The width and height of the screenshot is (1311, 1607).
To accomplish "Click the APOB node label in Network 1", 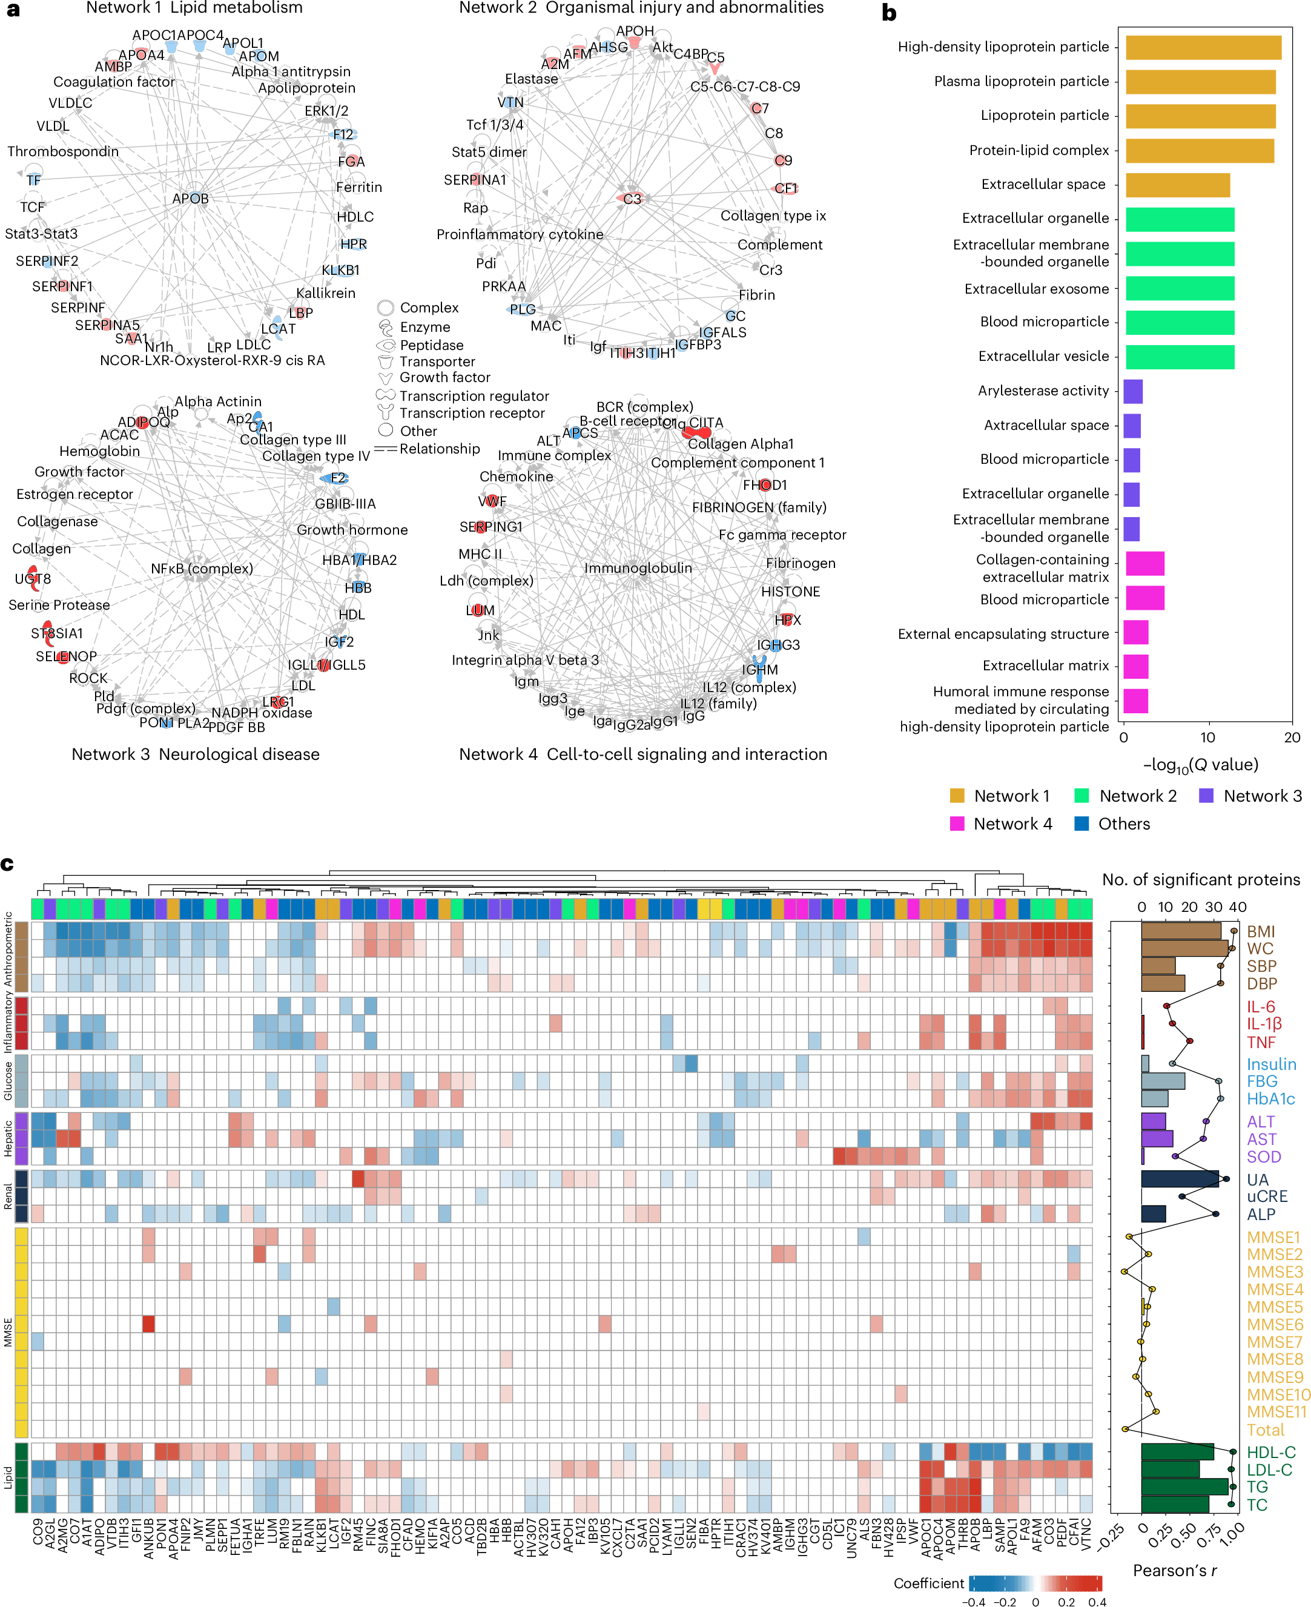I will (x=190, y=199).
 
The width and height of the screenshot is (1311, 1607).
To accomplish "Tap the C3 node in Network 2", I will (x=632, y=199).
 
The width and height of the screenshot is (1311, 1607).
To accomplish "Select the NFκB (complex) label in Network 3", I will (x=202, y=568).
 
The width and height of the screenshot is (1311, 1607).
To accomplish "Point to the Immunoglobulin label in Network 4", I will (x=638, y=568).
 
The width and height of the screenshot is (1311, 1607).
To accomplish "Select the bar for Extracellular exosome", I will (x=1179, y=288).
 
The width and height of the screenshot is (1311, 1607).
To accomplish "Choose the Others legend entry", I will (x=1123, y=824).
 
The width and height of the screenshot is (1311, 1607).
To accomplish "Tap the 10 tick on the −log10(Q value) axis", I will (x=1207, y=738).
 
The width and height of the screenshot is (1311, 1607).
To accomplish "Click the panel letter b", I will (x=889, y=13).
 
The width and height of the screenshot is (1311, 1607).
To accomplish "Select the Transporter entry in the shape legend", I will (x=437, y=361).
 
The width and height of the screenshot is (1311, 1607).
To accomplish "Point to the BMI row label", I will (x=1260, y=931).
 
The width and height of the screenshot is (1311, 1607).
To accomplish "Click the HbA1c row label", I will (x=1270, y=1099).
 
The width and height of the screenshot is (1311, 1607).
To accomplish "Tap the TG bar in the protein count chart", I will (x=1183, y=1486).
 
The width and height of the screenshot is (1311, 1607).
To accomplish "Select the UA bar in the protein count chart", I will (x=1179, y=1179).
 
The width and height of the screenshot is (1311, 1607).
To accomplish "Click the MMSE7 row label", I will (x=1273, y=1342).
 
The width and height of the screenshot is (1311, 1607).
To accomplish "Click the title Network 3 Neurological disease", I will (x=196, y=754).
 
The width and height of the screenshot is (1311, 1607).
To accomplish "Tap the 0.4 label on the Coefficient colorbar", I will (x=1097, y=1601).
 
